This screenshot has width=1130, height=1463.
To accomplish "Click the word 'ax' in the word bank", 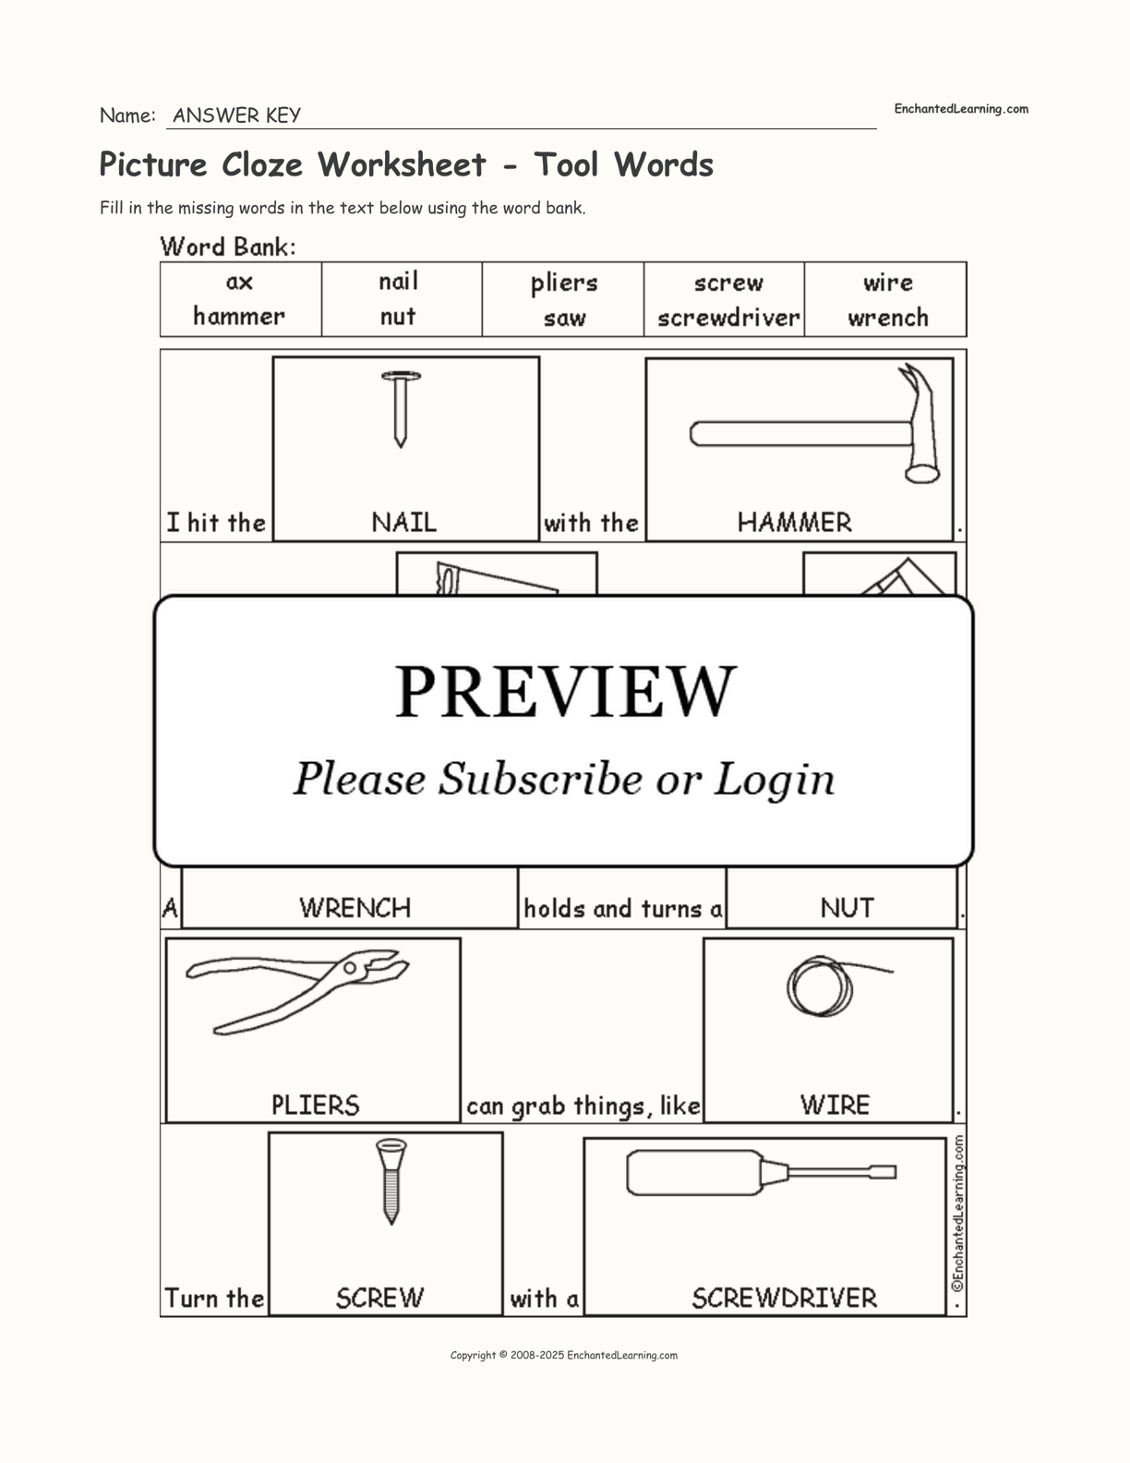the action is [240, 282].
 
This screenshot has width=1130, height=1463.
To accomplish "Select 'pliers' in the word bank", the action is [564, 284].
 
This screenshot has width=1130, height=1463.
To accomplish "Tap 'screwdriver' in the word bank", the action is [728, 317].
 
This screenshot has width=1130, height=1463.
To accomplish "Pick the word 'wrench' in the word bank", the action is [888, 317].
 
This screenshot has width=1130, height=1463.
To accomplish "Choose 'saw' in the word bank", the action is [565, 318].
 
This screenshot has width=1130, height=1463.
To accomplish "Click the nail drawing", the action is [401, 408].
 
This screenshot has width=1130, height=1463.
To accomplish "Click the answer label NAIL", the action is [403, 523].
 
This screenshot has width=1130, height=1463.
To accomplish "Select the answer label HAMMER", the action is [794, 523].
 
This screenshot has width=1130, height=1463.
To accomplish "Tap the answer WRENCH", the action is [355, 908].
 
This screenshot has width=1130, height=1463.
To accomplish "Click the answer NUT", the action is [847, 908].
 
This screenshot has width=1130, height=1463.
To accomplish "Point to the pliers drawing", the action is [296, 991].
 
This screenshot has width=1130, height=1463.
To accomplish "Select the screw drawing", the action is [391, 1181].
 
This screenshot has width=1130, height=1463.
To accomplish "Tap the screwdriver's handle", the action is [694, 1173].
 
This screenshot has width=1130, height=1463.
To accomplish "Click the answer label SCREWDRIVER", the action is [784, 1298].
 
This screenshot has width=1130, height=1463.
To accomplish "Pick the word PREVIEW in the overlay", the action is [565, 691].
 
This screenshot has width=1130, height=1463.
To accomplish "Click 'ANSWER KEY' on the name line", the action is [237, 115].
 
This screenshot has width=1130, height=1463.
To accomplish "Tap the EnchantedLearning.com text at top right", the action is [961, 109].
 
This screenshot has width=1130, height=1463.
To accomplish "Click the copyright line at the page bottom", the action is [564, 1355].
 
